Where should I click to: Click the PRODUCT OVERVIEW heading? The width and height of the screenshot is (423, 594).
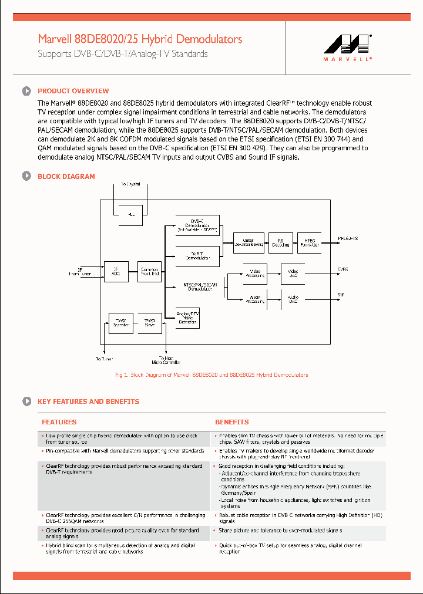(x=73, y=91)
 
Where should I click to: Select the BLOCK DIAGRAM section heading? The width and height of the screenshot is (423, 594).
(x=66, y=176)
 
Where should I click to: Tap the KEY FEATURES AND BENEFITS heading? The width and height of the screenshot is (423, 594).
(x=88, y=401)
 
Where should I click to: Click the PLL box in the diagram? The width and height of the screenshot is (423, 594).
(x=131, y=215)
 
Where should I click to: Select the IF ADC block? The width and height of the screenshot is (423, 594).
(x=116, y=272)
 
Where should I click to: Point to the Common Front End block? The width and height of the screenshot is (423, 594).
(x=149, y=272)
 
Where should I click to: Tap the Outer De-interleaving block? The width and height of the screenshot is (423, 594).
(x=249, y=242)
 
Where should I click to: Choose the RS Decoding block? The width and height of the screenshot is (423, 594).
(x=280, y=242)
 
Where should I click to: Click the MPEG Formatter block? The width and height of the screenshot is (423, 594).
(x=310, y=242)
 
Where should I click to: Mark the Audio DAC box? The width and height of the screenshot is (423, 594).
(x=293, y=300)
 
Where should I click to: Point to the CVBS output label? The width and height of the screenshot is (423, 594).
(x=343, y=269)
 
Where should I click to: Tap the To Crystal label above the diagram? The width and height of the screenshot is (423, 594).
(x=130, y=184)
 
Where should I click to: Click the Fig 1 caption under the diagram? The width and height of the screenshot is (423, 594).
(x=211, y=374)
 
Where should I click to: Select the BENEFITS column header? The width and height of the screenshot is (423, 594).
(x=231, y=422)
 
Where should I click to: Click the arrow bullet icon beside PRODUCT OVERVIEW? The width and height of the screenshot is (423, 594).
(x=26, y=91)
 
